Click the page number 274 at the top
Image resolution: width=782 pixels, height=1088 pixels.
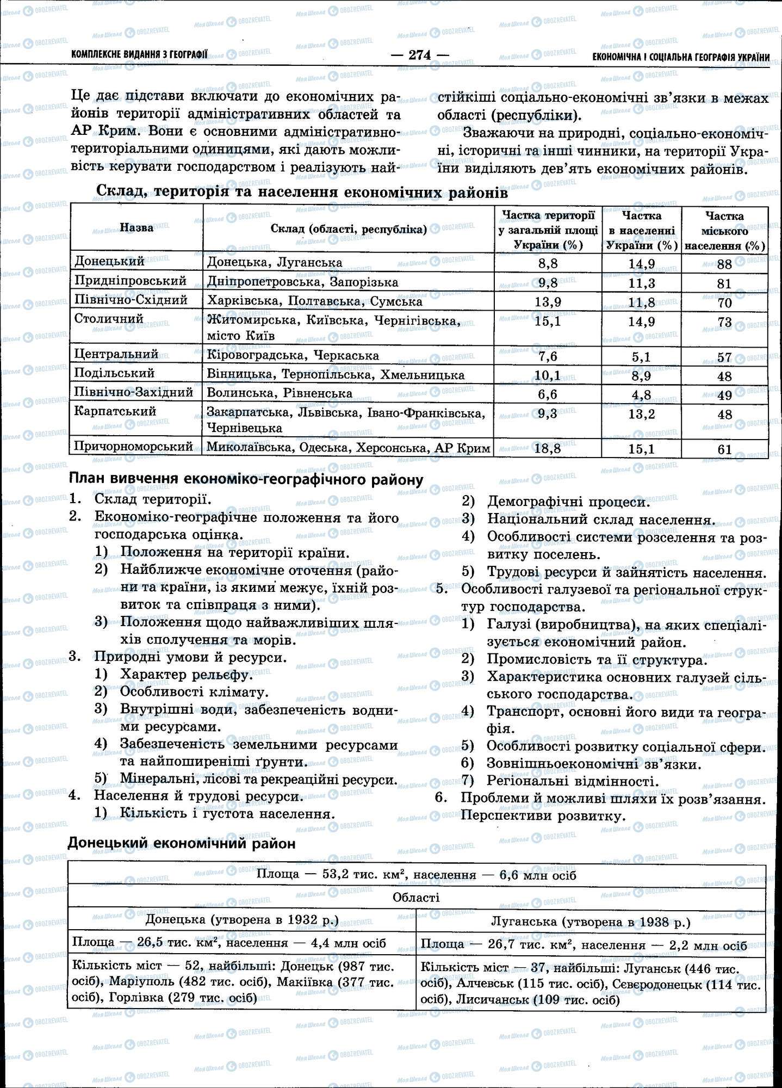(420, 55)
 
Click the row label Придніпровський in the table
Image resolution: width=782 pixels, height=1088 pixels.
(131, 281)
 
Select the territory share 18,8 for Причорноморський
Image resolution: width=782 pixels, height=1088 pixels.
(548, 449)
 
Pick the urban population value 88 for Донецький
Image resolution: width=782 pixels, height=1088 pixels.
(724, 264)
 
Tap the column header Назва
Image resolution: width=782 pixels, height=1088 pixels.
(136, 228)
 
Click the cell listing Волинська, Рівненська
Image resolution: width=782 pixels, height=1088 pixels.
(280, 393)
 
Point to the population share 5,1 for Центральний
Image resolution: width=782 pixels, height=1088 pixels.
(641, 357)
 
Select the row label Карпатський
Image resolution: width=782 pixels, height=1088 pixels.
(115, 411)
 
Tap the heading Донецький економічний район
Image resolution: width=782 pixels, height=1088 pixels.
(182, 843)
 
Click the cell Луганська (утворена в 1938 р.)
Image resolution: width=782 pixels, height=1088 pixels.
(591, 922)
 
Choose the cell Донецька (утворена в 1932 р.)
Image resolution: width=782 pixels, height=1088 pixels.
(242, 920)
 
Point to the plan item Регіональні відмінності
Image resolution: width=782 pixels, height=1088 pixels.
(573, 781)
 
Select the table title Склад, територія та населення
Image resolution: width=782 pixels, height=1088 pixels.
(302, 192)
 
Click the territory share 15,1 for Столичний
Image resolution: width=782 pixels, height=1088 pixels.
(548, 321)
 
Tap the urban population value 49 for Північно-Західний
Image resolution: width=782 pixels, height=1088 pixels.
(724, 395)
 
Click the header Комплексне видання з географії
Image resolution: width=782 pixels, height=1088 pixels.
(139, 55)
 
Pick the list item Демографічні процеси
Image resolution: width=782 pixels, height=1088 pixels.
(568, 502)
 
